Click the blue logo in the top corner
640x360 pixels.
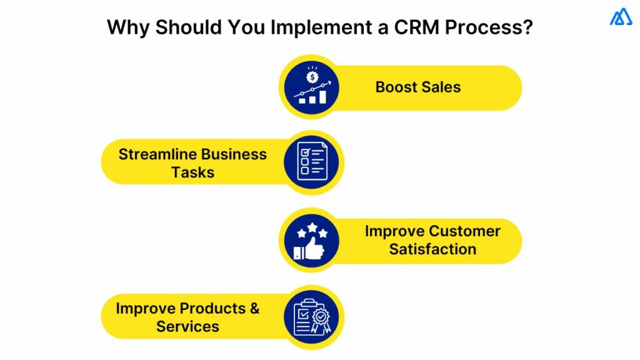621,17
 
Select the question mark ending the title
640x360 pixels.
526,28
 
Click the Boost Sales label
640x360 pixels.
417,87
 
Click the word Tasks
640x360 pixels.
192,172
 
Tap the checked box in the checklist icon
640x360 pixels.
304,151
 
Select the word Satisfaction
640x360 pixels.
432,249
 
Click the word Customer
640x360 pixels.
464,231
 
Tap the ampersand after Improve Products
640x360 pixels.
254,309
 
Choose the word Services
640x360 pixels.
187,326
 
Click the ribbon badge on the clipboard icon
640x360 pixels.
321,321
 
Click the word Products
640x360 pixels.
212,309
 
